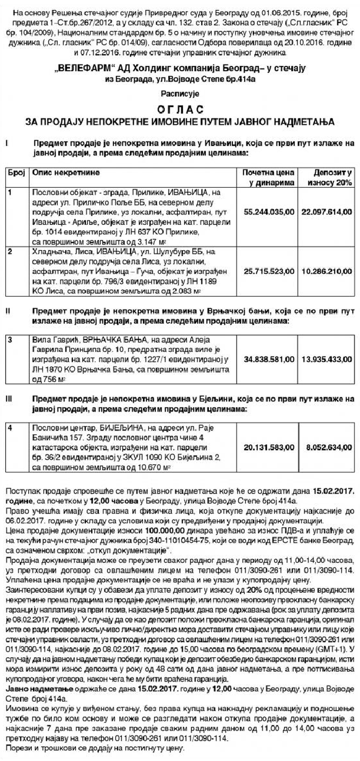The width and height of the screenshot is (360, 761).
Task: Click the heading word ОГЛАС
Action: tap(179, 110)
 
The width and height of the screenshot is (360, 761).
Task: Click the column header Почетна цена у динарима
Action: tap(268, 178)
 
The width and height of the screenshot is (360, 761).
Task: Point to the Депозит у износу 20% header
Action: tap(329, 178)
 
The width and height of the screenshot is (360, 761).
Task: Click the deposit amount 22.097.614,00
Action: tap(327, 211)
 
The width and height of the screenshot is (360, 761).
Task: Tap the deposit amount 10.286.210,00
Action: tap(327, 269)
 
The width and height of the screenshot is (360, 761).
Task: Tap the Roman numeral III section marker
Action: tap(8, 399)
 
